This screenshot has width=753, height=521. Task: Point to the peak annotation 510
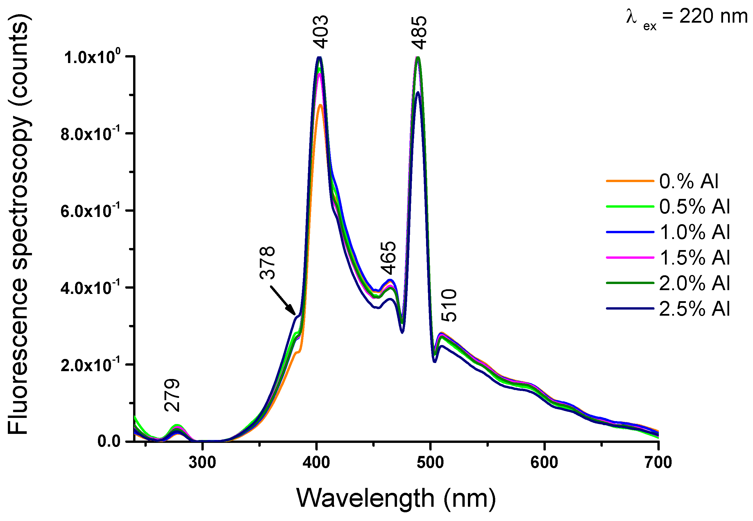(448, 306)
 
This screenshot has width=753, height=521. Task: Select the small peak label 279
(172, 395)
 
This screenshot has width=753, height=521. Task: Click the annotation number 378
(267, 263)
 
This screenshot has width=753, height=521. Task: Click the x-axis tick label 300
(202, 463)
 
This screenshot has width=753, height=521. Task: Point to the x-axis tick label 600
(544, 463)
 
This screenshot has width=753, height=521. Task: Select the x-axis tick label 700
(658, 463)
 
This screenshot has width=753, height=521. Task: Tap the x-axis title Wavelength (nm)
(396, 498)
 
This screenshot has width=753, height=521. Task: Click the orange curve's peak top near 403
(321, 105)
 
